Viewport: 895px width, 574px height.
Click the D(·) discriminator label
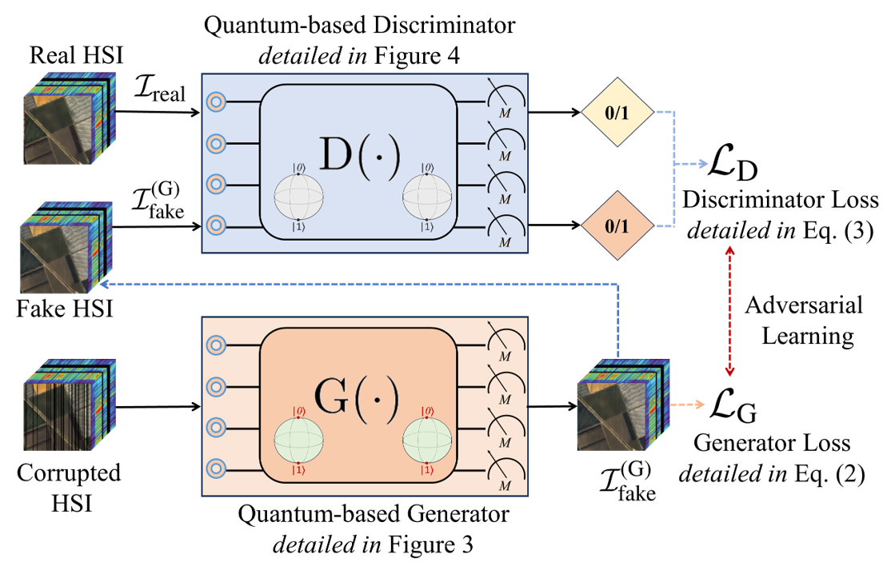click(358, 154)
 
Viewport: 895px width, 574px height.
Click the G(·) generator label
click(357, 397)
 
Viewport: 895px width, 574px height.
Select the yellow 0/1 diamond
click(617, 113)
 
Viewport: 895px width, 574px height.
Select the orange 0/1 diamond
click(617, 226)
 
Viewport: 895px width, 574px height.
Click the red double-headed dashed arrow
click(729, 312)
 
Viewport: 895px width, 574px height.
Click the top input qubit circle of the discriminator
click(216, 102)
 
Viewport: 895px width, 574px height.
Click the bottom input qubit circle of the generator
click(216, 468)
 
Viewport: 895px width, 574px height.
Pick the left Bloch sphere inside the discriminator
click(298, 194)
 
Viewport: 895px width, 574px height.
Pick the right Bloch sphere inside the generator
click(426, 440)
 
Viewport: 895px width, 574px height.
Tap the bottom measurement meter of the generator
click(505, 472)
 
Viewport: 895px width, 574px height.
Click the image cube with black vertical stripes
click(68, 404)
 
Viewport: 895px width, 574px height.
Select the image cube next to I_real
click(68, 118)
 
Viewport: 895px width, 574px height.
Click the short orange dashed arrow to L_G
click(686, 405)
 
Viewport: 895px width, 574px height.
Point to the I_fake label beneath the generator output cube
click(628, 482)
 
